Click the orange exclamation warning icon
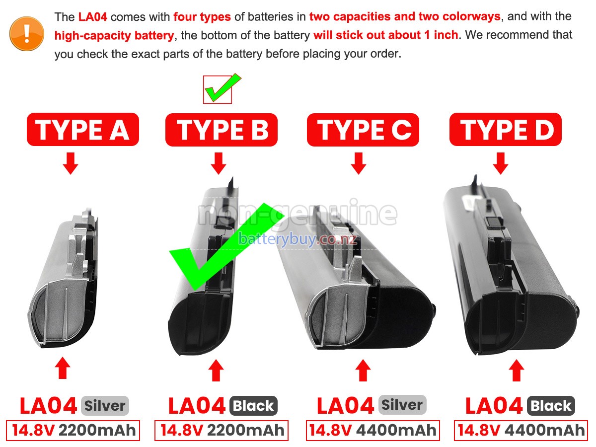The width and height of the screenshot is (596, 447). pos(27,34)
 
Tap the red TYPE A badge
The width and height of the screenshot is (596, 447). pos(83,130)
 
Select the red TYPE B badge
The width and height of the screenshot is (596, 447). pos(222,130)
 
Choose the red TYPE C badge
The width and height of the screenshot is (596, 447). pos(363,130)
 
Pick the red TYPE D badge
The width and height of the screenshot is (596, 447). pos(506,130)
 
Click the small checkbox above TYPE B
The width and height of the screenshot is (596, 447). pos(218,89)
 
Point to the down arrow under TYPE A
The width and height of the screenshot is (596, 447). pos(71,163)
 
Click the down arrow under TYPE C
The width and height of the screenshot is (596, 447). pos(359,163)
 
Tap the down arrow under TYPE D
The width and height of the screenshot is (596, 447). pos(501,163)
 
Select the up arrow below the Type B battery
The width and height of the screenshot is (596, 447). pos(216,371)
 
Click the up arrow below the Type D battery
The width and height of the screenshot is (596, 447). pos(516,371)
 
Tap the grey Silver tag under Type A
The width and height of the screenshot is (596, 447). pos(105,406)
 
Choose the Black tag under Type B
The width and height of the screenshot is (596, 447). pos(253,406)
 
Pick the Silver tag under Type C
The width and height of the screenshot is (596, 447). pos(402,405)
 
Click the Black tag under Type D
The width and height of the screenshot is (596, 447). pos(551,406)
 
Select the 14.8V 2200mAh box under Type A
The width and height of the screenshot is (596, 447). pos(73,431)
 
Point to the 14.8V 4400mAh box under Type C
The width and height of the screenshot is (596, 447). pos(373,431)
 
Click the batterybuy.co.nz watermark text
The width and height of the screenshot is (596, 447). pos(298,239)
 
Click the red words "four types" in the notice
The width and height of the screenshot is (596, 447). pos(202,17)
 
